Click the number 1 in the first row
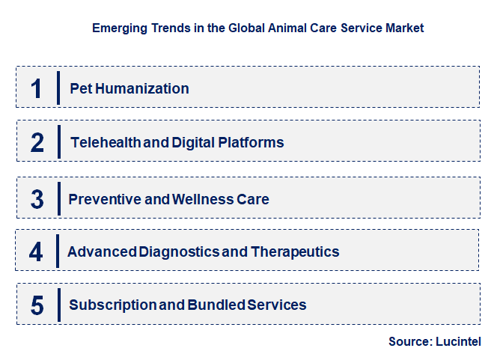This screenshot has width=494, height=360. click(x=37, y=88)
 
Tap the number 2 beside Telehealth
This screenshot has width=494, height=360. click(x=37, y=142)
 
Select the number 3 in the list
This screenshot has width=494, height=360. click(x=37, y=199)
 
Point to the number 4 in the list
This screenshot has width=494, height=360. click(x=37, y=251)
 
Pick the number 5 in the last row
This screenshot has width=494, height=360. click(x=37, y=305)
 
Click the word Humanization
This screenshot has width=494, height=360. click(x=141, y=88)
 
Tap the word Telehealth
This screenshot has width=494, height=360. click(x=104, y=142)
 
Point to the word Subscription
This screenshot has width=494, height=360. click(x=109, y=305)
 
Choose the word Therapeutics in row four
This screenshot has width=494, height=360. click(x=295, y=251)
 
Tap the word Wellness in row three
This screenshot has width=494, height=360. click(x=201, y=199)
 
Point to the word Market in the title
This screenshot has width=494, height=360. click(x=403, y=28)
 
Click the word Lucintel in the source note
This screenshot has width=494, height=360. click(x=458, y=341)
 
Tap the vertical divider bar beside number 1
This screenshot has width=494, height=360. click(x=58, y=88)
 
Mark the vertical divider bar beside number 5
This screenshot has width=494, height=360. click(x=58, y=305)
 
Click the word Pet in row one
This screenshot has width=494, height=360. click(x=79, y=88)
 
